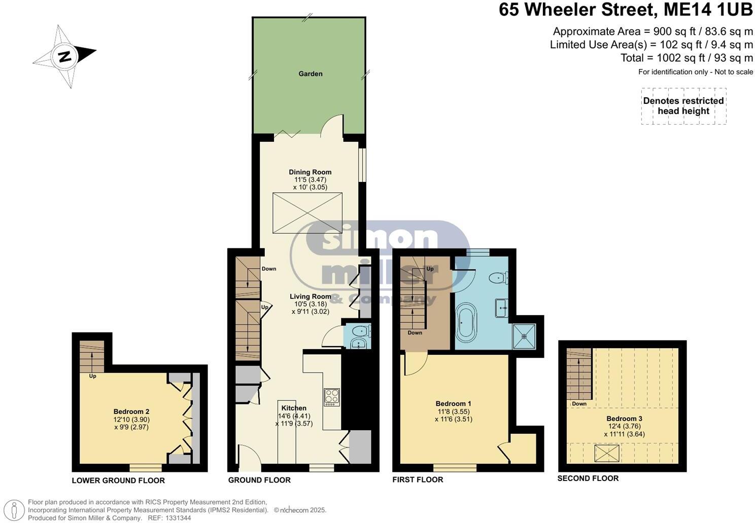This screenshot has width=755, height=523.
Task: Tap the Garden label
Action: coord(310,73)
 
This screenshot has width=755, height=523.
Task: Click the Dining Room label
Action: coord(310,172)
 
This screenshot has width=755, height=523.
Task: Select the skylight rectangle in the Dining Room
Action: coord(307,213)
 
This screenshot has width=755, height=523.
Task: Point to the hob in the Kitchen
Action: coord(332,396)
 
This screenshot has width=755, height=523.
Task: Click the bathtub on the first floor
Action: coord(466,323)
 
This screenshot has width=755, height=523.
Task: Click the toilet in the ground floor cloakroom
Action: coord(360,331)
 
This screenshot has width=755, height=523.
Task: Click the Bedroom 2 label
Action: coord(131,412)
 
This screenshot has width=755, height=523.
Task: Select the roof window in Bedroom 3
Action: coord(606,453)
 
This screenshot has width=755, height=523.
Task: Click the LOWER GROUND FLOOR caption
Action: coord(118,480)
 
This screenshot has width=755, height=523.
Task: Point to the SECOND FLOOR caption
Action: coord(588,478)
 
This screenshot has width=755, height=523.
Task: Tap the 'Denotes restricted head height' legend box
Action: coord(683,106)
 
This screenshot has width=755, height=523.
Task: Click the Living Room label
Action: coord(310,296)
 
